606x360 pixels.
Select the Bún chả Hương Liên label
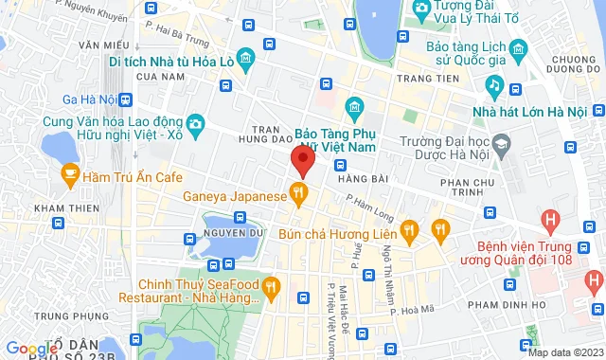[338, 230]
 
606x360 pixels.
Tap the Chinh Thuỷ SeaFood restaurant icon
[272, 283]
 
